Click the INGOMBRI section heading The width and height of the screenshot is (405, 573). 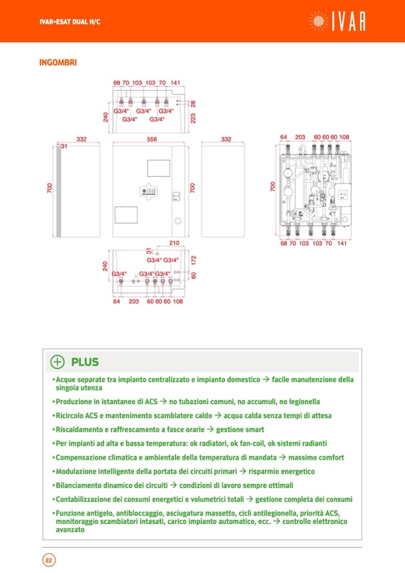point(58,62)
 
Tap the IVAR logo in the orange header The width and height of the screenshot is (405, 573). point(338,21)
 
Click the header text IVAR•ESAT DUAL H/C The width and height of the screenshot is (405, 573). point(66,22)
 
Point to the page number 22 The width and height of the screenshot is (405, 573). point(48,560)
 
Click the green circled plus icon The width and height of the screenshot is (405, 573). point(57,361)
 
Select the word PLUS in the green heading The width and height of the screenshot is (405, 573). point(85,362)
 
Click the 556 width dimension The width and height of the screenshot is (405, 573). point(152,139)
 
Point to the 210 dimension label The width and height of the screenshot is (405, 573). point(174,243)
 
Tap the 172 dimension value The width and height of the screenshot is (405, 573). point(193,260)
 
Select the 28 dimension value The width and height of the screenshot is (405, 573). point(193,104)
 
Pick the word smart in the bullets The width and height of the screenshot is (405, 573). point(253,430)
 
